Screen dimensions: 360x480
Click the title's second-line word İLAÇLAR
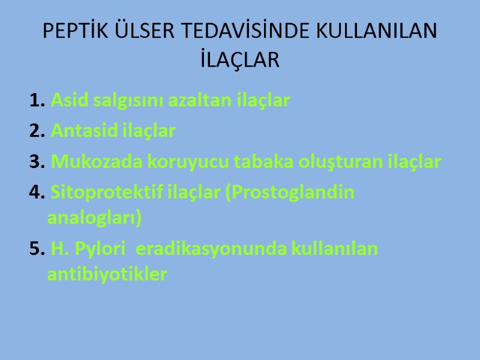point(240,60)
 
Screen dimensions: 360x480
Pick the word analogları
point(94,219)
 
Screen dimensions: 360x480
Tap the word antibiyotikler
point(107,275)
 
